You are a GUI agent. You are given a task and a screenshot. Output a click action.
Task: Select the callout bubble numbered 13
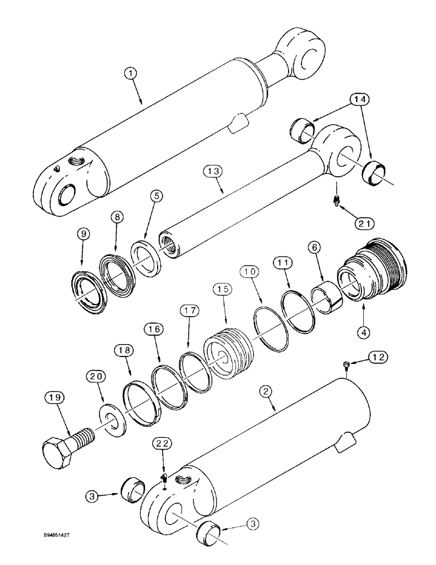215,171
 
